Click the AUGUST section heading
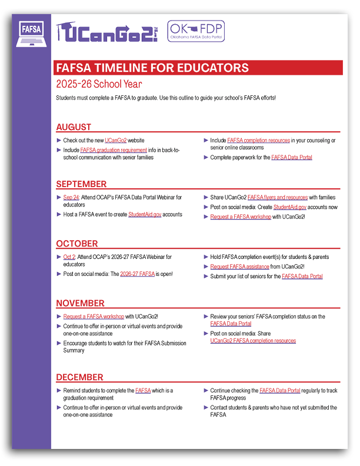pos(74,127)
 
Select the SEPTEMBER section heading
pos(81,184)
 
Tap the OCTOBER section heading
pos(76,244)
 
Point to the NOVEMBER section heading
pos(80,303)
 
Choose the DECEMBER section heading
pos(79,377)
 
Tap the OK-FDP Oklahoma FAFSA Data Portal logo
pos(196,31)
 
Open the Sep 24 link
pos(71,198)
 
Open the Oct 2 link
pos(69,257)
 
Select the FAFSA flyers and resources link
pos(278,198)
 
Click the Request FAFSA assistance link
pos(240,267)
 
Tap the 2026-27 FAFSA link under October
pos(138,274)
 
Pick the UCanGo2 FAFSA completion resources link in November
pos(253,341)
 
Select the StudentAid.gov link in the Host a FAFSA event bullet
pos(145,215)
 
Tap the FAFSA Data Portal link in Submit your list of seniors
pos(302,277)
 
